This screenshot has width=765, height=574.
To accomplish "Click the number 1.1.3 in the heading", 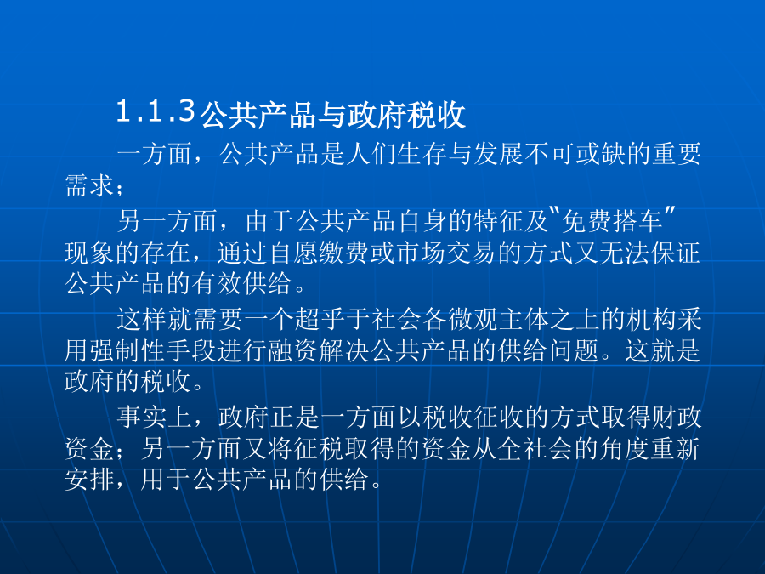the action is (x=156, y=111).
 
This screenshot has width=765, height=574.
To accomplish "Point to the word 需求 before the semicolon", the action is (x=90, y=185).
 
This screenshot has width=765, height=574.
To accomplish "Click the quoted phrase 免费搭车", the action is (x=612, y=221).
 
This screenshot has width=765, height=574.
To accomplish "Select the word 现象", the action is (x=90, y=253).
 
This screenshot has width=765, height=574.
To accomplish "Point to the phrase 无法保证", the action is (x=650, y=253).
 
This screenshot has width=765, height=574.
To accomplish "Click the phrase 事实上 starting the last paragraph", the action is (x=154, y=418).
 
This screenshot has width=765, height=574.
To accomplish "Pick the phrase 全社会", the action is (x=511, y=448).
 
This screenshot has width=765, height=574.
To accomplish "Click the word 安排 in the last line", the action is (x=90, y=480).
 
